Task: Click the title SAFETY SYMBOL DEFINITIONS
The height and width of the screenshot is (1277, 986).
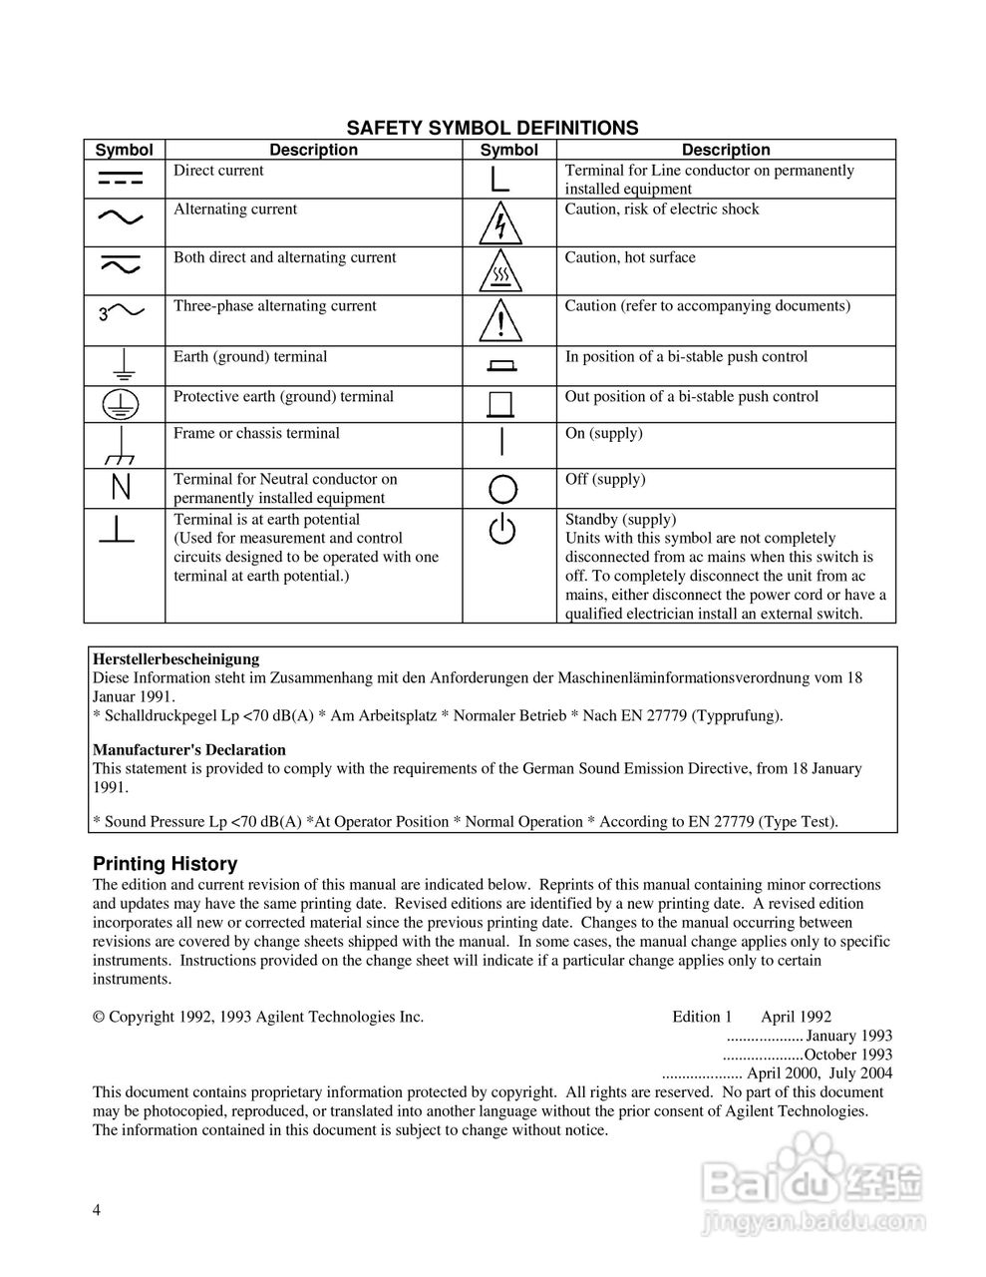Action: coord(492,128)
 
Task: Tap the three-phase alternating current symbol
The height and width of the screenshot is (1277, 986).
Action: coord(123,313)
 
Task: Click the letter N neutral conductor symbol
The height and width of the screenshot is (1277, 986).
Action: coord(122,488)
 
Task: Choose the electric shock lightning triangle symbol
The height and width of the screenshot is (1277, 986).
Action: coord(500,223)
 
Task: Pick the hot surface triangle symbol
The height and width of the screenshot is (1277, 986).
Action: coord(500,270)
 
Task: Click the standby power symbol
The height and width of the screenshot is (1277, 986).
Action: coord(502,530)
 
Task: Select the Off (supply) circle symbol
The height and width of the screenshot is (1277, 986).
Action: coord(502,489)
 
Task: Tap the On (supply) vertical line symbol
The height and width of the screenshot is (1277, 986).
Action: coord(501,441)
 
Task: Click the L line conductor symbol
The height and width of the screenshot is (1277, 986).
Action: coord(500,179)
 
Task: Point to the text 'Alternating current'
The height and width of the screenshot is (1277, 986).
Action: coord(235,210)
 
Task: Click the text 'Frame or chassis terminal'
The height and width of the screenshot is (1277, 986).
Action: coord(256,433)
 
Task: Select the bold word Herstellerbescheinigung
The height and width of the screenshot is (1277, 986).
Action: coord(175,658)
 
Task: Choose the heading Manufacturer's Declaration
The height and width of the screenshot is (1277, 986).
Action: coord(189,750)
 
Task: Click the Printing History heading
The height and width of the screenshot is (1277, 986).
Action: coord(164,864)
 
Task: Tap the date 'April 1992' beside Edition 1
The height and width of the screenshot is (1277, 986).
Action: coord(796,1017)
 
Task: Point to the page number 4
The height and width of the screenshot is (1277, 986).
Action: coord(97,1210)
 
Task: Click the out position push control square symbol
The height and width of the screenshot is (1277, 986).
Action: coord(500,403)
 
